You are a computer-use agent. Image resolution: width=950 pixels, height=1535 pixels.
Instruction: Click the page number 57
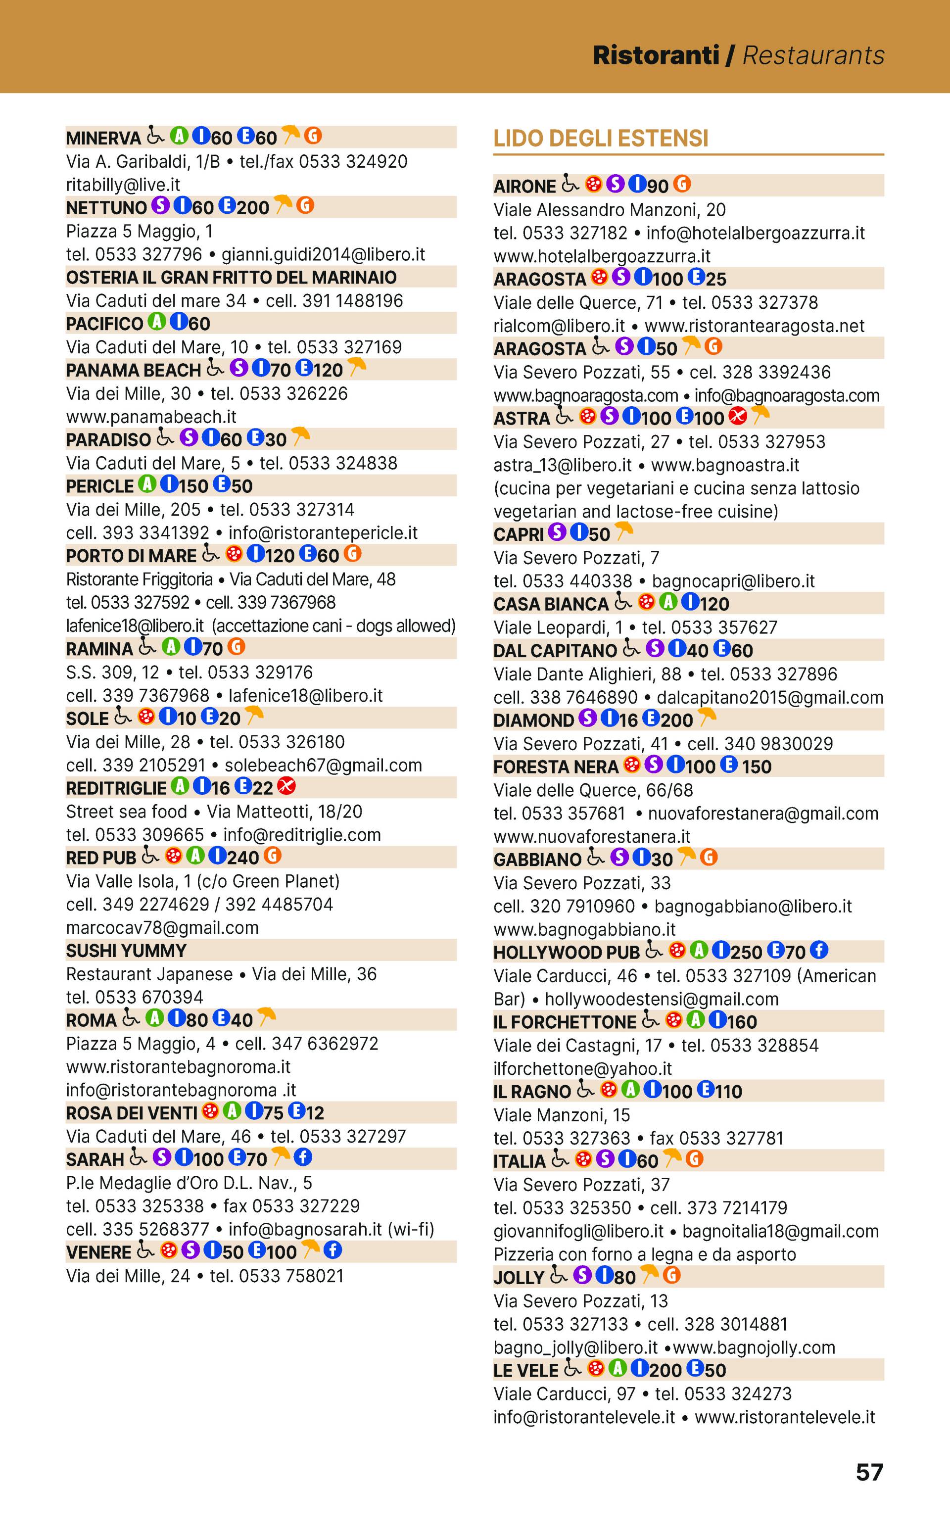point(869,1472)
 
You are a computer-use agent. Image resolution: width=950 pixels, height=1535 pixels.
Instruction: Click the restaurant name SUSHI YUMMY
point(126,951)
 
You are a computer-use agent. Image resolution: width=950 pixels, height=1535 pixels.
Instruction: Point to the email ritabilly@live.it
point(123,185)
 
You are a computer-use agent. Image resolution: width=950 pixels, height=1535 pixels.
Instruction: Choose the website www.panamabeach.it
point(151,417)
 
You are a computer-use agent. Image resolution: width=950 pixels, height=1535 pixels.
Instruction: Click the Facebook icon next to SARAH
point(303,1157)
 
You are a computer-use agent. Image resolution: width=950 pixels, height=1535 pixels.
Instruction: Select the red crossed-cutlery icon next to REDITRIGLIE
point(286,785)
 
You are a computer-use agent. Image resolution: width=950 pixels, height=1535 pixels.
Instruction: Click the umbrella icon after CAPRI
point(623,531)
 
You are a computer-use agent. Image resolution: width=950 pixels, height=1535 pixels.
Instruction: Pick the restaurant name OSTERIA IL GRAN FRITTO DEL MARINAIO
point(231,277)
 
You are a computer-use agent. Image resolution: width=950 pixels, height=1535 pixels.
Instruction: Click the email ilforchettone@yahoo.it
point(582,1068)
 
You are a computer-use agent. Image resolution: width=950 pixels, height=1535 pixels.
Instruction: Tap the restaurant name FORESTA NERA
point(556,767)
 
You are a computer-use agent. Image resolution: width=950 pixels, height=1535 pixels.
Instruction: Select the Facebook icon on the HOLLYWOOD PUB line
point(819,950)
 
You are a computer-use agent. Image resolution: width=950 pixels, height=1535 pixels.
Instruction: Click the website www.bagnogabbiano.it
point(584,929)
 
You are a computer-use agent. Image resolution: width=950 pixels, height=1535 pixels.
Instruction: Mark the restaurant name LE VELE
point(525,1370)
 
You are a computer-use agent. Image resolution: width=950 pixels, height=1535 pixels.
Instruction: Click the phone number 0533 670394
point(149,997)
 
